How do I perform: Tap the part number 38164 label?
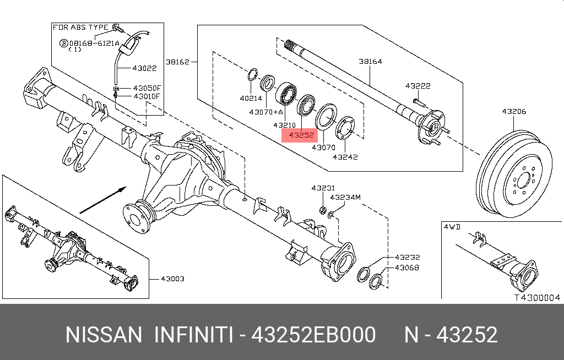pyautogui.click(x=370, y=62)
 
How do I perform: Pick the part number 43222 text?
pyautogui.click(x=417, y=86)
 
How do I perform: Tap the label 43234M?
pyautogui.click(x=345, y=197)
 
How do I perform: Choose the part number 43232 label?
pyautogui.click(x=407, y=257)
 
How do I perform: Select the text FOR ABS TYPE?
pyautogui.click(x=80, y=27)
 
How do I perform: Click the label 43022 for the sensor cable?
pyautogui.click(x=144, y=69)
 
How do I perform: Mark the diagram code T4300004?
pyautogui.click(x=536, y=298)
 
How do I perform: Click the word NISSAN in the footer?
pyautogui.click(x=104, y=335)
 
